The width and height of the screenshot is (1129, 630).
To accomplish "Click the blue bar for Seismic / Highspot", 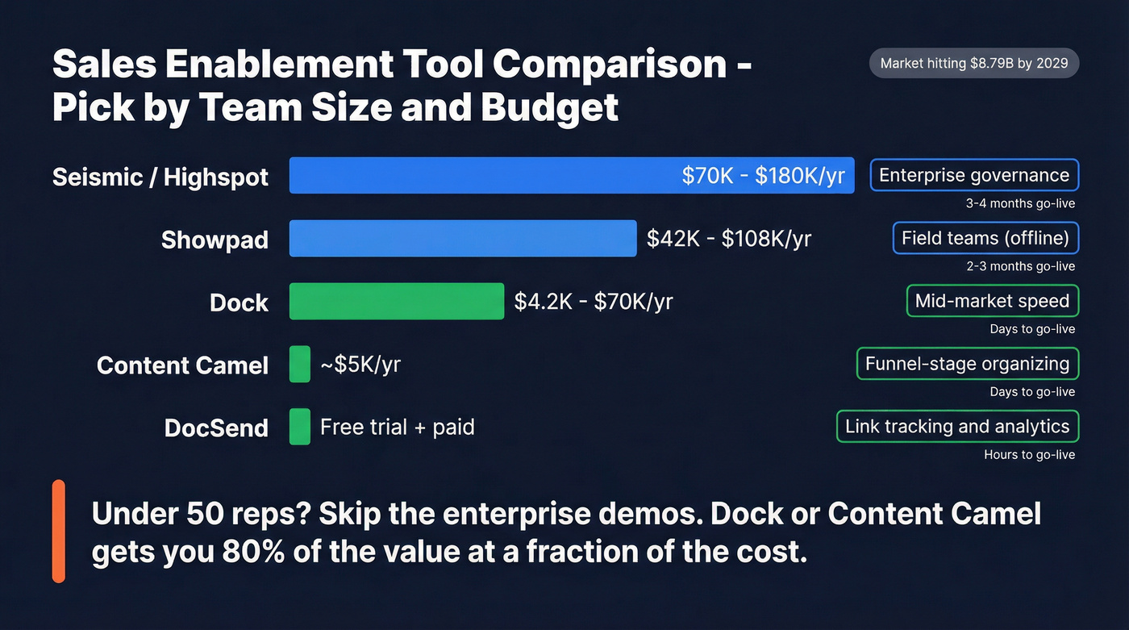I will [484, 175].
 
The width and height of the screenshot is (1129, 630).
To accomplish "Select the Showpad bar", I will [463, 238].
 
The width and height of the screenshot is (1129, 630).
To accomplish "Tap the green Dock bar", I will [397, 301].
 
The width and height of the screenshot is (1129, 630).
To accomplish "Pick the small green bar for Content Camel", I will [299, 364].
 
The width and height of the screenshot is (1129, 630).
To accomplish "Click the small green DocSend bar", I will [299, 427].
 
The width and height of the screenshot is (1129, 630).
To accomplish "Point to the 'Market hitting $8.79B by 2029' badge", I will [973, 64].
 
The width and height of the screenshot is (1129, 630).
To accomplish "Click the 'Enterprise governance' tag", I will [974, 175].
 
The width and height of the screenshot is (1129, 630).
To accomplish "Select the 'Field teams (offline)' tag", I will [985, 238].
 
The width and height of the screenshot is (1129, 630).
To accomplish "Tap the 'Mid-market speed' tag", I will [992, 301].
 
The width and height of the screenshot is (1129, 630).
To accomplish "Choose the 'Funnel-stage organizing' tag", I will [967, 364].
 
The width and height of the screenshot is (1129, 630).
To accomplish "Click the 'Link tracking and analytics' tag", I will [957, 427].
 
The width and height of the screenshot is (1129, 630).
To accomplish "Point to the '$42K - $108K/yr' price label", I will [729, 238].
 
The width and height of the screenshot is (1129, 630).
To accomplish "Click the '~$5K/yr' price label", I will [360, 365].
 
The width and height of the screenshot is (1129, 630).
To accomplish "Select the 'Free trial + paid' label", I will [397, 427].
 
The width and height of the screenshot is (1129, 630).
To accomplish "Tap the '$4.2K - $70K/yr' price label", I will [594, 302].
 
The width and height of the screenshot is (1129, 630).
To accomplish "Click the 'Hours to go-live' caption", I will [1029, 455].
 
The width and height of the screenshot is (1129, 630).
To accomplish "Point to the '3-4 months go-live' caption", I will [1020, 203].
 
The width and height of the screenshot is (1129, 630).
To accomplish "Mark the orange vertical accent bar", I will [58, 531].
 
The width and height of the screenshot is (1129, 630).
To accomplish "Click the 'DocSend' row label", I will [216, 428].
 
